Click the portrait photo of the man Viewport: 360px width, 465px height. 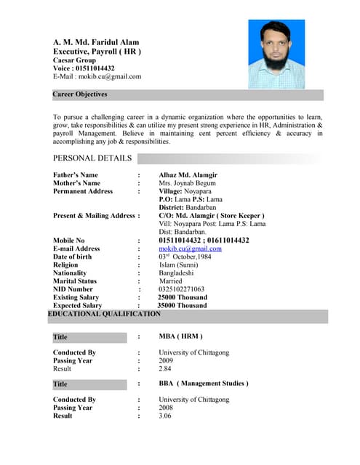[x=276, y=54]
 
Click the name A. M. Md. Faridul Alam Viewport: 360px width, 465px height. [x=96, y=42]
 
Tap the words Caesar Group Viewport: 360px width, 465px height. [x=74, y=60]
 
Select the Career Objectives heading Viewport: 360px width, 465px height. [x=80, y=94]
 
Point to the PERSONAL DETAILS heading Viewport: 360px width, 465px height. [x=92, y=158]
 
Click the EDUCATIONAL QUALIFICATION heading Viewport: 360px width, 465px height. [x=104, y=314]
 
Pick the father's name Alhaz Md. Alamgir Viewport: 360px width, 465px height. [x=188, y=175]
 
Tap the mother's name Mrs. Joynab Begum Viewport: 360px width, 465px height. [x=185, y=183]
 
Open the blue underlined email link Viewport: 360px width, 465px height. [x=190, y=248]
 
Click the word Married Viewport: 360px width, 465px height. [x=171, y=281]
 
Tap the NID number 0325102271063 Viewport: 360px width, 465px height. [x=182, y=289]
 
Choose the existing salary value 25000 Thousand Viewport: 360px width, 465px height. [x=182, y=297]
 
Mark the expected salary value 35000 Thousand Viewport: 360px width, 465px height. [x=182, y=306]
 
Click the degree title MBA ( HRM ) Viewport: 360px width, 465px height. [x=180, y=336]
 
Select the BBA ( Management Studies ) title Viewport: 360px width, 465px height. [x=203, y=383]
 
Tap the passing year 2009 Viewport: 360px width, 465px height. [x=167, y=360]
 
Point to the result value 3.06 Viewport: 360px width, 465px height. [x=165, y=416]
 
